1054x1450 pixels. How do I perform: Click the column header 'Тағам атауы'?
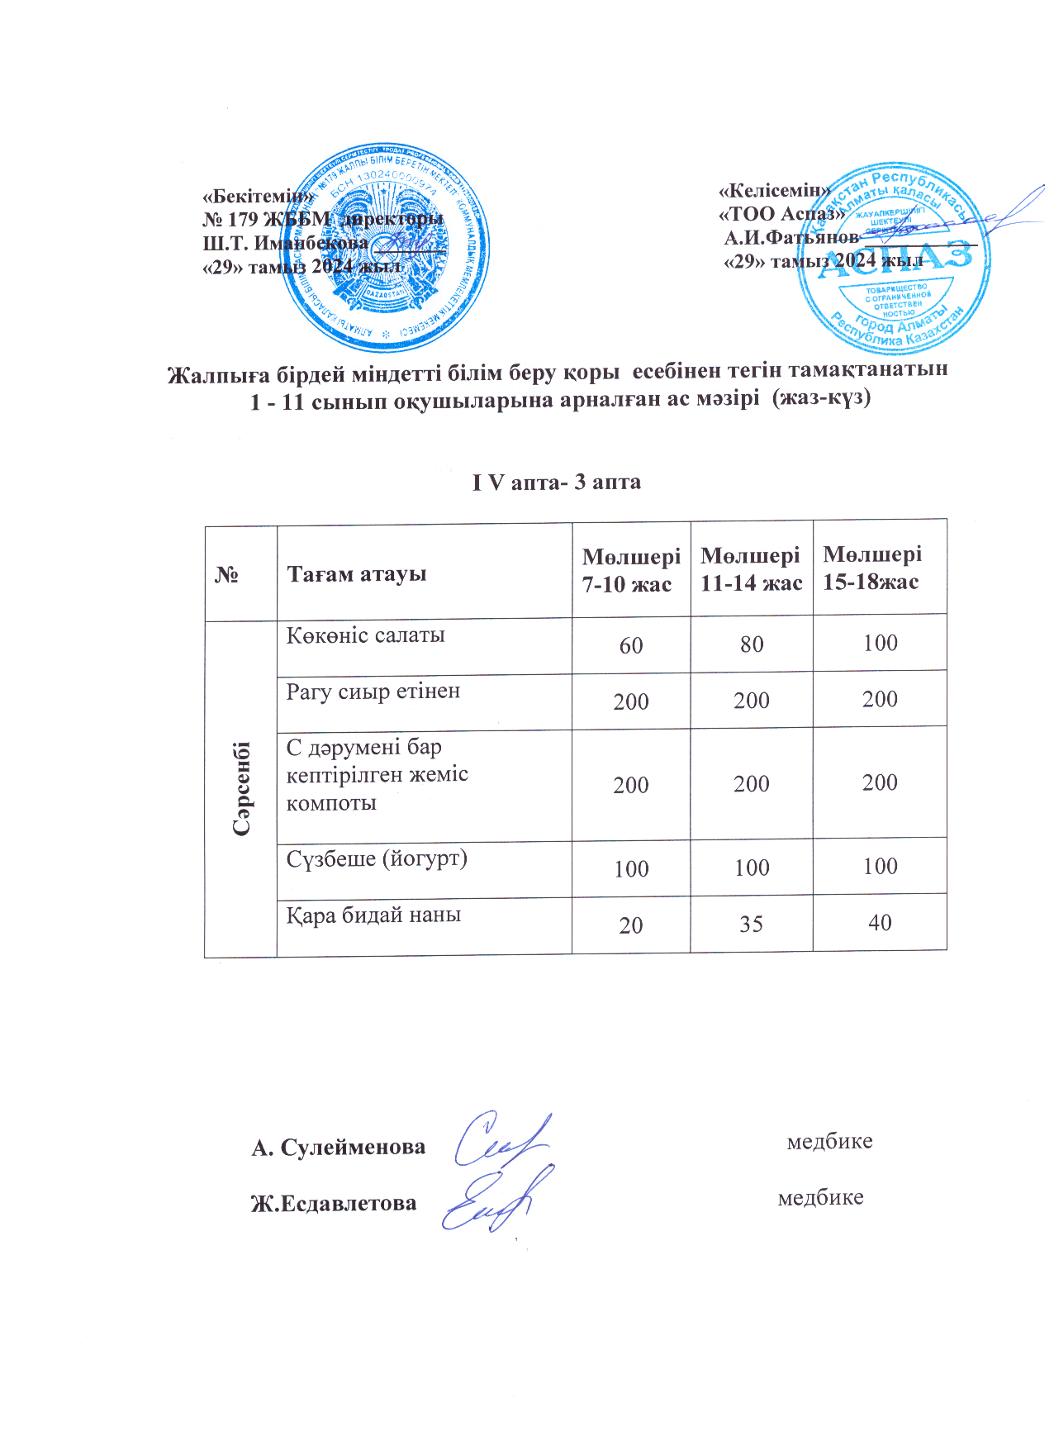pos(356,573)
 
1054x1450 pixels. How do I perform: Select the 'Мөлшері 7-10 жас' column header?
pos(631,570)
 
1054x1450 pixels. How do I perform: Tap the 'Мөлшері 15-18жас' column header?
pos(872,567)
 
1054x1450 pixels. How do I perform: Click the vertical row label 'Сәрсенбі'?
pos(241,788)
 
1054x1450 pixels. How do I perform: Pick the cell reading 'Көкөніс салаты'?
pos(366,635)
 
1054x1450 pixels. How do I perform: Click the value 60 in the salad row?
pos(631,645)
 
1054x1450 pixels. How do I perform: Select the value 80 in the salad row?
pos(752,644)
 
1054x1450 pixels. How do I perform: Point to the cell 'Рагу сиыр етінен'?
pos(373,692)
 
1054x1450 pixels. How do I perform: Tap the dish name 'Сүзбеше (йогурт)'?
pos(377,858)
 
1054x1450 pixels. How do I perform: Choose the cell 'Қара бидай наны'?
pos(373,915)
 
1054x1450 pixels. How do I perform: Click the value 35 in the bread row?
pos(751,924)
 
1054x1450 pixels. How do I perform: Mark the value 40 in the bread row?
pos(880,922)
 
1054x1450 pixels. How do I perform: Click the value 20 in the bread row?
pos(631,925)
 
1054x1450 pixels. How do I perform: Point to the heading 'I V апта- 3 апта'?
pos(556,482)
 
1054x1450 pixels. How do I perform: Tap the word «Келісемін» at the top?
pos(775,190)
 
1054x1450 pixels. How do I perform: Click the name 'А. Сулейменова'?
pos(339,1147)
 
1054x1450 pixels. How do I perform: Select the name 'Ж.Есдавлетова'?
pos(334,1203)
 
